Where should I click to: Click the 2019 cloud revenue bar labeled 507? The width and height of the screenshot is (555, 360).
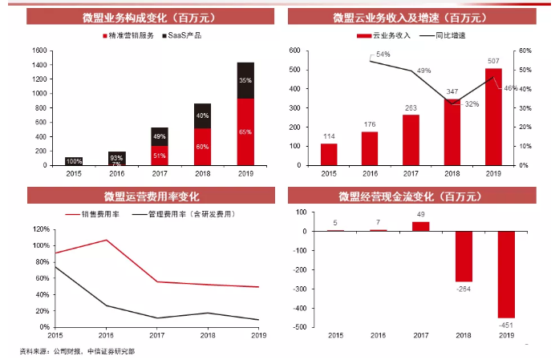(492, 116)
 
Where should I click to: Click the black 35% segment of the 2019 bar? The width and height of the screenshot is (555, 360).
(245, 80)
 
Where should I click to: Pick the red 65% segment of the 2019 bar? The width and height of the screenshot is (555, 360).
(245, 131)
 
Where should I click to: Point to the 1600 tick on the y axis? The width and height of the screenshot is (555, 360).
(38, 50)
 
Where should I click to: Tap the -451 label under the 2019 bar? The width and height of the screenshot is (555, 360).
(507, 325)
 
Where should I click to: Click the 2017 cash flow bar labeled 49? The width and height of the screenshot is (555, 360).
(421, 226)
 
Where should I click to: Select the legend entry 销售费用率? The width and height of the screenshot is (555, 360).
(99, 213)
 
